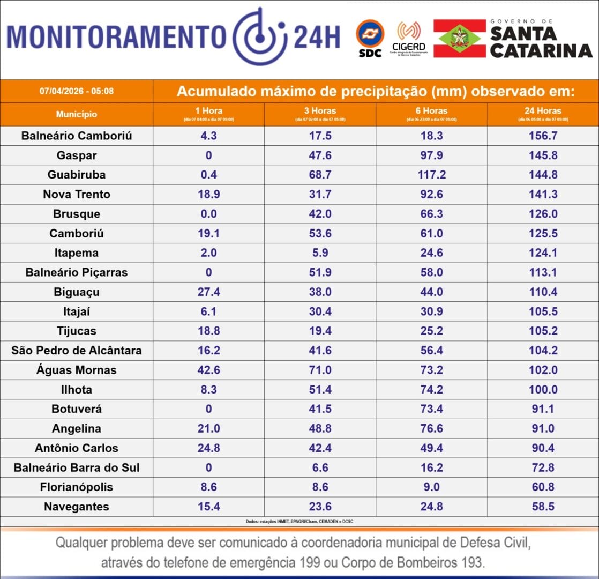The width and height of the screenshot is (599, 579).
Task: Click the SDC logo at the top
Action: (x=370, y=37)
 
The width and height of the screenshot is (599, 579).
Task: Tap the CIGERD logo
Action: (x=409, y=37)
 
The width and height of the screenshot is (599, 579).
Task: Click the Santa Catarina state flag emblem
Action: (x=459, y=38)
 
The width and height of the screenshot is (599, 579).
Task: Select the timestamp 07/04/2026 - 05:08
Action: (x=77, y=91)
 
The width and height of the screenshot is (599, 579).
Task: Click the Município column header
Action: (x=77, y=114)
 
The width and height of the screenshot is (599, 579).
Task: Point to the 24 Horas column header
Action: (x=543, y=112)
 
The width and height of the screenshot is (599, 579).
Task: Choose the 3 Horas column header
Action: (x=320, y=112)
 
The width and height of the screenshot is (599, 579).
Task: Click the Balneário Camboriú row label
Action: (x=77, y=136)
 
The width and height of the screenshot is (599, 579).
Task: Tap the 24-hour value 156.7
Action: (x=543, y=136)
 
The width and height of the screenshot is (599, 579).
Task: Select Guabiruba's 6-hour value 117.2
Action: (x=431, y=175)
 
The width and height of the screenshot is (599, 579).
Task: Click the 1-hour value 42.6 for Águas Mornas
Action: (x=208, y=370)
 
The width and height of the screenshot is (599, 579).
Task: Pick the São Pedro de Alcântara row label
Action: (x=77, y=351)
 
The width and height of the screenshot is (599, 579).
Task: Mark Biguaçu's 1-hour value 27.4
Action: (x=208, y=292)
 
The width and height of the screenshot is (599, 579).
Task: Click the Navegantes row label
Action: (x=77, y=507)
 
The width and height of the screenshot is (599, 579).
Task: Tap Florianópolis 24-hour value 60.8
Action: (x=543, y=487)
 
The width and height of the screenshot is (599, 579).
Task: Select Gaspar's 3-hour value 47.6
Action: (x=320, y=155)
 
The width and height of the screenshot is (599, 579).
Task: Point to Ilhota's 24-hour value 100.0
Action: (x=543, y=390)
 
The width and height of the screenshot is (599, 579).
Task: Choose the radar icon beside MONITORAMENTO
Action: (x=259, y=36)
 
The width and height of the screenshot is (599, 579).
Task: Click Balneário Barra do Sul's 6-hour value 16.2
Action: (x=431, y=467)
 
